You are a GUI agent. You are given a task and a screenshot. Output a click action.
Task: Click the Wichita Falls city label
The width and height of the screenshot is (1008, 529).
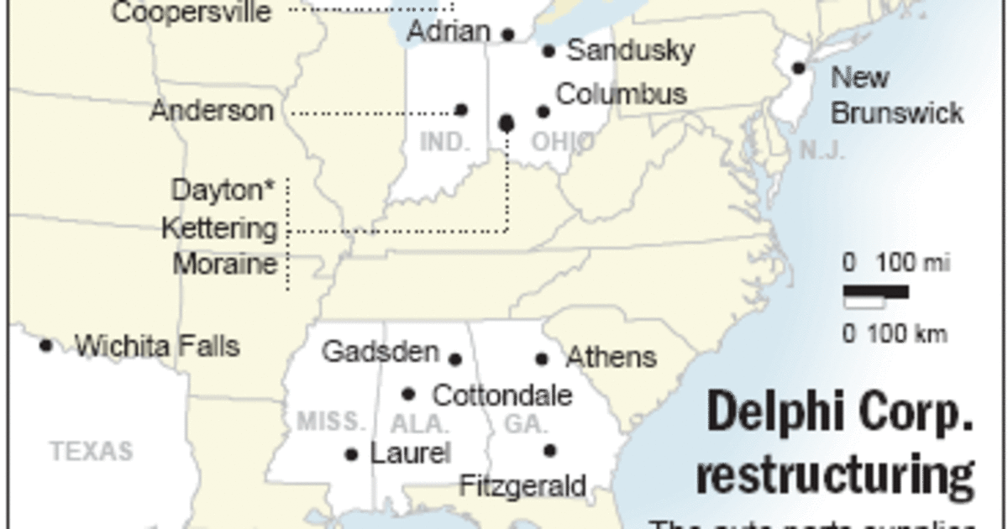tap(157, 346)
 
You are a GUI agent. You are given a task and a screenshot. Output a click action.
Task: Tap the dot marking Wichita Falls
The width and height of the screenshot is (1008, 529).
tap(46, 345)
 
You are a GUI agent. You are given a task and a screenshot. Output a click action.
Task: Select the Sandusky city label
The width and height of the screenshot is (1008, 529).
tap(630, 50)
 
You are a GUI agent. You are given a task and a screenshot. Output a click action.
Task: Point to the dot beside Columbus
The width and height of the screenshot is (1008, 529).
tap(543, 112)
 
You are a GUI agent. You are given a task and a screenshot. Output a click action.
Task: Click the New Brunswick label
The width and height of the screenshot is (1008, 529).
tap(896, 96)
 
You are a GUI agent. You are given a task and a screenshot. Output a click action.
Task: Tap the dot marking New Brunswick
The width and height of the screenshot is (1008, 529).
tap(799, 68)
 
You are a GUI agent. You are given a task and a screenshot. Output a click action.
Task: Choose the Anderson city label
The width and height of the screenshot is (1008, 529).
tap(212, 111)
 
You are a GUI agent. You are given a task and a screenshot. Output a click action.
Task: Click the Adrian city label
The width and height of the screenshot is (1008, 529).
tap(449, 32)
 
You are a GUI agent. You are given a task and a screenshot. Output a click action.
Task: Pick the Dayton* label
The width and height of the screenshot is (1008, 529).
tap(223, 190)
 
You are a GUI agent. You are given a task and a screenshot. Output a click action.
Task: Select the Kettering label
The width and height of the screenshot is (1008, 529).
tap(219, 228)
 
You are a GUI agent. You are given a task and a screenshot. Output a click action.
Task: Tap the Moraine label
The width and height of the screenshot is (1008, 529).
tap(225, 264)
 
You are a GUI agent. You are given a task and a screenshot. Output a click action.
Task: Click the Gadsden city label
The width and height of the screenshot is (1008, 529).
tap(381, 352)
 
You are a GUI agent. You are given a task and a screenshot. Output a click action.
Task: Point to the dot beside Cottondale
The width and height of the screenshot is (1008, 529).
tap(409, 394)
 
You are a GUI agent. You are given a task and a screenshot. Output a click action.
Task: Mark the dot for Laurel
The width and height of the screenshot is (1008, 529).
tap(352, 455)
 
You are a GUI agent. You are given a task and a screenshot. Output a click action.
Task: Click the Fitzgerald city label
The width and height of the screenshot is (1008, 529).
tap(522, 485)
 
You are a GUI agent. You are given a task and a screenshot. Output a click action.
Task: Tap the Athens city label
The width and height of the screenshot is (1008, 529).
tap(611, 358)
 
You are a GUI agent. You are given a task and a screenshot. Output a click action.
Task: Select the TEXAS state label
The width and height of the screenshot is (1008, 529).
tap(92, 452)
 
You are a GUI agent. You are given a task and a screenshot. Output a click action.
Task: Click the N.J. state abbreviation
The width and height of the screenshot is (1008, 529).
tap(822, 151)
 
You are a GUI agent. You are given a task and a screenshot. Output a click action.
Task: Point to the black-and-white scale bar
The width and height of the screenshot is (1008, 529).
tap(875, 293)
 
